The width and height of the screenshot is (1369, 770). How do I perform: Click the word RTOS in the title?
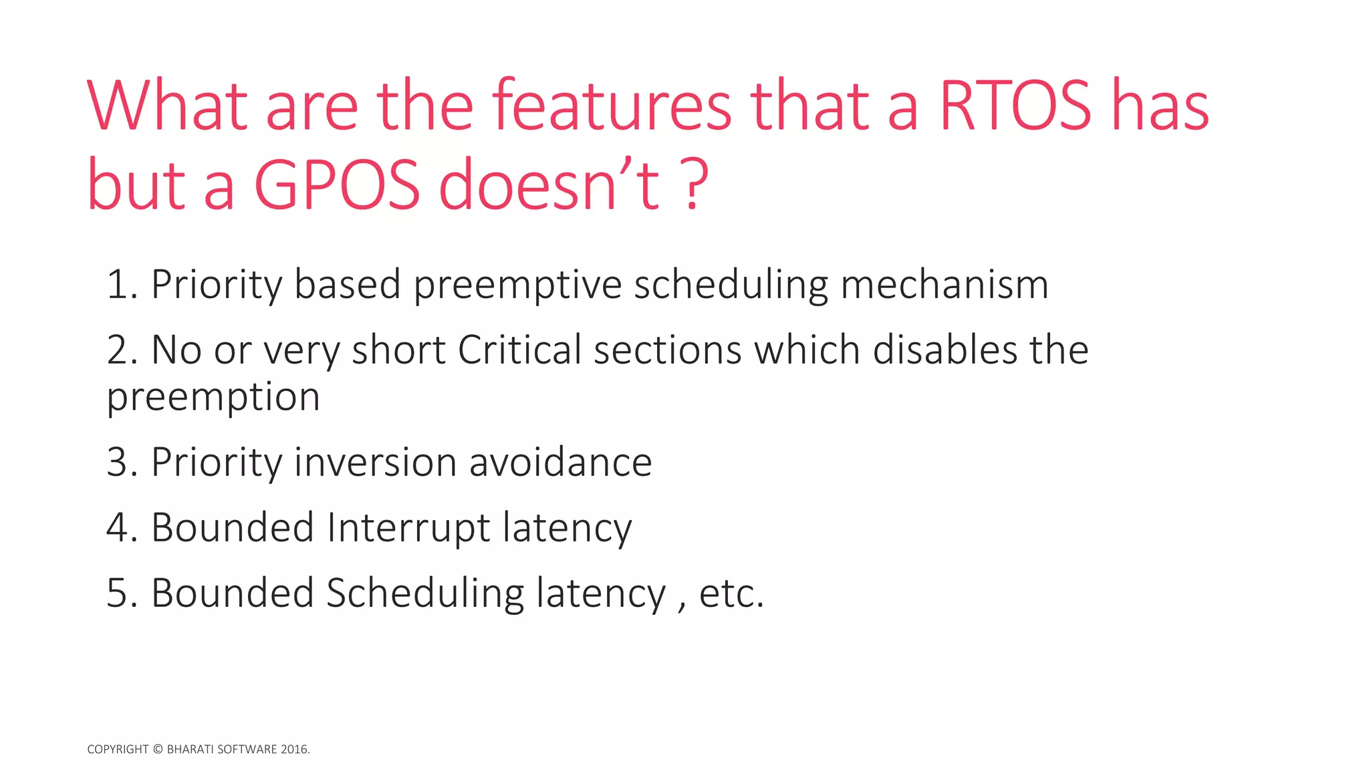pyautogui.click(x=1015, y=107)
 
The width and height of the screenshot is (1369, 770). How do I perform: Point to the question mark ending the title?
pyautogui.click(x=696, y=184)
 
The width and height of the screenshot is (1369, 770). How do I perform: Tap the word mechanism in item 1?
pyautogui.click(x=944, y=285)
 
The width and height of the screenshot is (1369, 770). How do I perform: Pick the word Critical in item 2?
pyautogui.click(x=519, y=350)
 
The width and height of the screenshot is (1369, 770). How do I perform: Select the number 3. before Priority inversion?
pyautogui.click(x=122, y=463)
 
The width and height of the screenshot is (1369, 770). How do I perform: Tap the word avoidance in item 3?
pyautogui.click(x=560, y=463)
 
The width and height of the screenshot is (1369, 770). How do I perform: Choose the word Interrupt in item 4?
pyautogui.click(x=408, y=528)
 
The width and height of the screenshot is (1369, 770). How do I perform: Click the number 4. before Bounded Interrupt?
pyautogui.click(x=122, y=528)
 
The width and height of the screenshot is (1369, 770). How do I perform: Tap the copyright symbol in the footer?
pyautogui.click(x=158, y=749)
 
